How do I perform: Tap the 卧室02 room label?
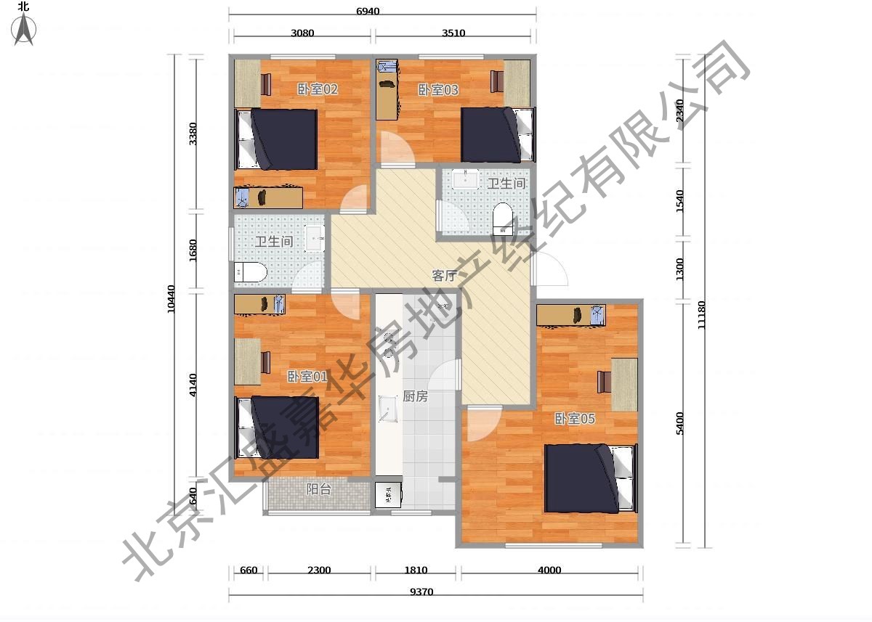(x=318, y=89)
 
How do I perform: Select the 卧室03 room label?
(x=438, y=90)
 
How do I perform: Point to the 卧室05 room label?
(x=575, y=419)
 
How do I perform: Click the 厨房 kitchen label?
(x=415, y=396)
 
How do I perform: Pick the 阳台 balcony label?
(x=318, y=488)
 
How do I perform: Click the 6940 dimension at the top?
(x=368, y=12)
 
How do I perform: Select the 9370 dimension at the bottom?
(x=421, y=592)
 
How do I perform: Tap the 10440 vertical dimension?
(x=171, y=298)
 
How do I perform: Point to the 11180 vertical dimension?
(x=701, y=315)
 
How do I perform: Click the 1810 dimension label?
(x=416, y=570)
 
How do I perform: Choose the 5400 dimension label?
(x=679, y=423)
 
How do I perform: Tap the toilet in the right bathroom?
(x=503, y=219)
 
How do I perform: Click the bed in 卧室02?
(x=276, y=139)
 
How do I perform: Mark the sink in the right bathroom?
(x=465, y=179)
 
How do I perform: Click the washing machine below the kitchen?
(x=388, y=495)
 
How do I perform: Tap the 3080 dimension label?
(x=302, y=33)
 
